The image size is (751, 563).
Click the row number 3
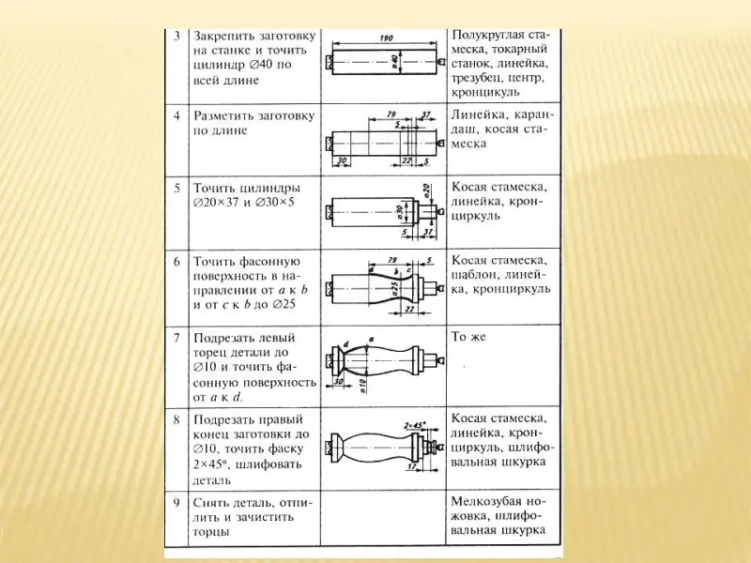click(177, 35)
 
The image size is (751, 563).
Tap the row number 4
click(177, 115)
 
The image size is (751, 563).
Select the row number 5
click(177, 187)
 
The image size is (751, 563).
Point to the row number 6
click(177, 260)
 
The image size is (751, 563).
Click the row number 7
click(177, 335)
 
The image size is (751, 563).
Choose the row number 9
click(177, 501)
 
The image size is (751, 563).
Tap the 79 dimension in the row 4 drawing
click(391, 115)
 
